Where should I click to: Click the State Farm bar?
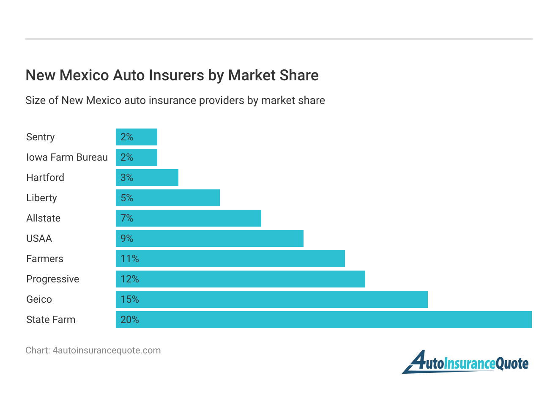[323, 320]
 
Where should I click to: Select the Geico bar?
[271, 299]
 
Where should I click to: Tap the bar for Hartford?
[147, 178]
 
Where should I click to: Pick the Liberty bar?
[168, 198]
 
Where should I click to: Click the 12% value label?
[129, 279]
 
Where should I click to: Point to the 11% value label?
[129, 259]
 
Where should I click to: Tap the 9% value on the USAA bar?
[127, 238]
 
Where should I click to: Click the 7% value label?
[127, 218]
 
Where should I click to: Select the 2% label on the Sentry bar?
[127, 137]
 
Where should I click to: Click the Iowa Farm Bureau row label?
[67, 157]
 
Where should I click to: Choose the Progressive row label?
[52, 279]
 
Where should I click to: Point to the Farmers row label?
[44, 259]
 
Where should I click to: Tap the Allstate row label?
[43, 218]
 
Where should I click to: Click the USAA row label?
[39, 238]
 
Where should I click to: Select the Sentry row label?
[40, 137]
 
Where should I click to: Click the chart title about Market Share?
[172, 75]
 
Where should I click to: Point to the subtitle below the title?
[175, 101]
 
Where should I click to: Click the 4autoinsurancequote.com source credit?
[93, 350]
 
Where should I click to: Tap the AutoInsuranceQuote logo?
[465, 362]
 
